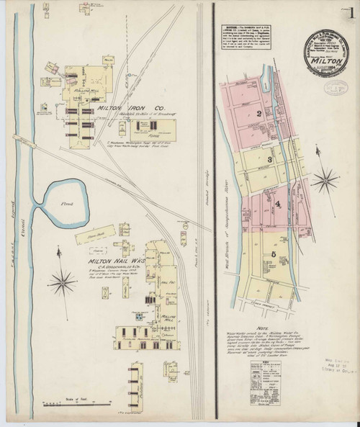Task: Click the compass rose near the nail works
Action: point(65,279)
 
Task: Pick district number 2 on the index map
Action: point(257,114)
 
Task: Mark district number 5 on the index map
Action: point(274,254)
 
